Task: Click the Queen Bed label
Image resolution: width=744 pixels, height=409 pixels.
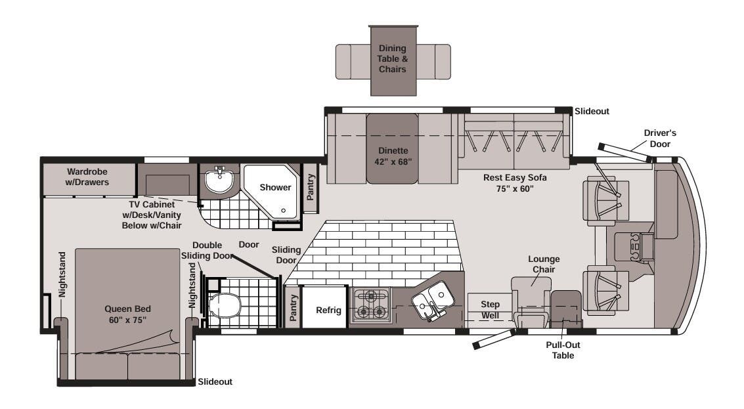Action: pos(127,314)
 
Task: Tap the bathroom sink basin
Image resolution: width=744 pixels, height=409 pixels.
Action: pos(219,181)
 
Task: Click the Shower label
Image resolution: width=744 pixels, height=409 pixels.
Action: pos(275,187)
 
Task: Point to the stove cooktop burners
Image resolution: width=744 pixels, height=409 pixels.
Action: pos(371,305)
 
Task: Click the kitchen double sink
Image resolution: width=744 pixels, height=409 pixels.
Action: pos(432,301)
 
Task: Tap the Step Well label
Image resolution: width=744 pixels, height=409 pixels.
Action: pos(490,310)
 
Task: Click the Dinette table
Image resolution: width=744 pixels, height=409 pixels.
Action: pos(393,148)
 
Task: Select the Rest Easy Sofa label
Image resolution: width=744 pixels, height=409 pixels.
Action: pos(515,183)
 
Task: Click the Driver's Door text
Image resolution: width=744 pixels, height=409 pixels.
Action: pos(660,138)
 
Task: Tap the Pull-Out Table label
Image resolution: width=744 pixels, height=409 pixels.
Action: pos(563,350)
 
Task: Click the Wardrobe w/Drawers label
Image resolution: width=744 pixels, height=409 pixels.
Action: pos(87,177)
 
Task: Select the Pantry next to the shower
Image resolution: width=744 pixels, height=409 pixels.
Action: pos(311,187)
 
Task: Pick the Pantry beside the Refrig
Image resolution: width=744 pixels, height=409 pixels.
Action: pos(293,307)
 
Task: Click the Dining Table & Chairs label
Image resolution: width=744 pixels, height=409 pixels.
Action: pos(393,58)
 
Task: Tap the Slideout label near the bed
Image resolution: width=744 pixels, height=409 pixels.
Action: pos(215,381)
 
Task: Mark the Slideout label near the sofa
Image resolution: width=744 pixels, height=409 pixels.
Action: pos(592,111)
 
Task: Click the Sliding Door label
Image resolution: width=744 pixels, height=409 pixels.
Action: pos(286,255)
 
